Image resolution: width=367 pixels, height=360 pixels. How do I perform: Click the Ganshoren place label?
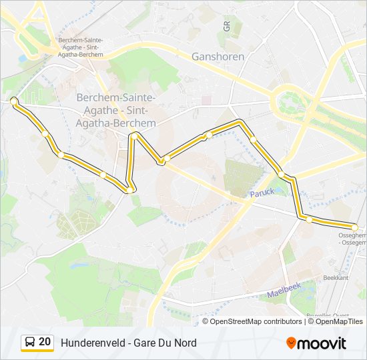click(x=218, y=57)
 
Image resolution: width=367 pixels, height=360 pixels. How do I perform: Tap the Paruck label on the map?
click(x=262, y=193)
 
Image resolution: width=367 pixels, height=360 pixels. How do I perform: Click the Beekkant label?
click(x=336, y=277)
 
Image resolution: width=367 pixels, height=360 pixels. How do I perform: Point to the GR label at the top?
click(x=227, y=26)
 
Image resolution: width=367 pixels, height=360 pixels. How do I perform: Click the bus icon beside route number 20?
click(x=30, y=343)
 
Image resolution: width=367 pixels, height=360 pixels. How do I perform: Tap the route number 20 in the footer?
click(x=45, y=342)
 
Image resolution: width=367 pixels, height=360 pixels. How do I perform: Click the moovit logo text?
click(x=323, y=343)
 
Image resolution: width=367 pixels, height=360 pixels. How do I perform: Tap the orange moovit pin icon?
click(x=291, y=343)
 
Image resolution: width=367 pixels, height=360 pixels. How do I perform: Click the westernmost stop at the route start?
click(x=13, y=101)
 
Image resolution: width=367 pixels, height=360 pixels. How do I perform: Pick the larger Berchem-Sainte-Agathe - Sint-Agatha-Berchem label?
click(x=116, y=110)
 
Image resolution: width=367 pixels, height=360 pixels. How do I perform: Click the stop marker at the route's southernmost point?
click(x=129, y=191)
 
